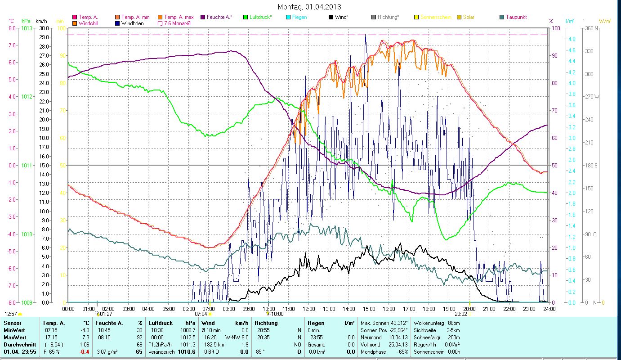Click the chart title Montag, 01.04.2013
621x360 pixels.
pyautogui.click(x=309, y=7)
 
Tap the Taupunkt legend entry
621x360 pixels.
pyautogui.click(x=516, y=17)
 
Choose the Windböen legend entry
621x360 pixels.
pyautogui.click(x=132, y=23)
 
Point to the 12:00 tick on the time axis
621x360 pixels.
pyautogui.click(x=309, y=309)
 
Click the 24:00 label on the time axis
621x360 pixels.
pyautogui.click(x=549, y=309)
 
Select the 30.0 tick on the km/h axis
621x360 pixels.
pyautogui.click(x=44, y=28)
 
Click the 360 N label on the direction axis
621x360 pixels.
pyautogui.click(x=590, y=28)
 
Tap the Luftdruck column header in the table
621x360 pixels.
pyautogui.click(x=161, y=323)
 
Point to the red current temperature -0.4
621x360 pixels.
pyautogui.click(x=84, y=351)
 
